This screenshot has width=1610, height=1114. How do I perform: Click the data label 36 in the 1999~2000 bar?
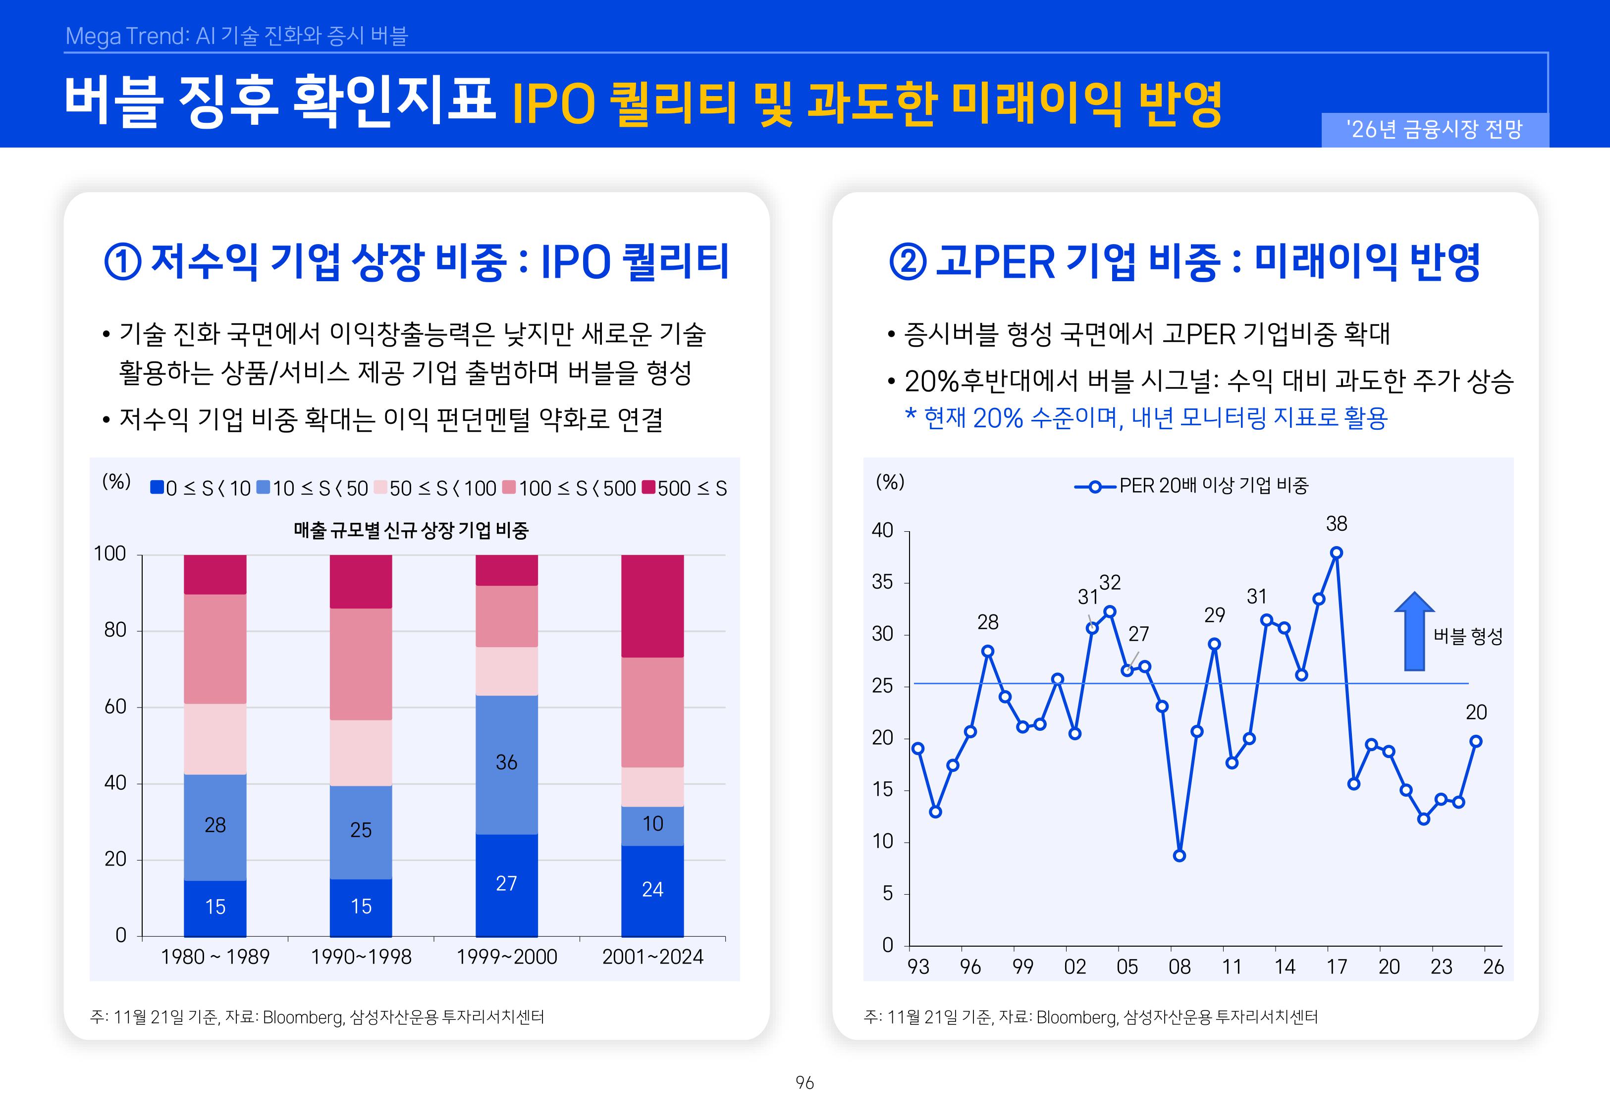pyautogui.click(x=506, y=762)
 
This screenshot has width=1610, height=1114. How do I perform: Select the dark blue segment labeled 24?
pyautogui.click(x=652, y=890)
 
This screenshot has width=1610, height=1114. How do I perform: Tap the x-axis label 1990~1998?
pyautogui.click(x=361, y=957)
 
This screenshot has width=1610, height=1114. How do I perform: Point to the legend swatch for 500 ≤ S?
pyautogui.click(x=648, y=487)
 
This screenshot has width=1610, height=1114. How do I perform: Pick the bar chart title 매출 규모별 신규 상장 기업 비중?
pyautogui.click(x=411, y=530)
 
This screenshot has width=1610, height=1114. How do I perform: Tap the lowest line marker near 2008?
pyautogui.click(x=1179, y=856)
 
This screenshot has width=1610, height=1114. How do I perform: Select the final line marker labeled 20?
pyautogui.click(x=1475, y=741)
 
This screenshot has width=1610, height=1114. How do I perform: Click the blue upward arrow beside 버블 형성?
pyautogui.click(x=1414, y=632)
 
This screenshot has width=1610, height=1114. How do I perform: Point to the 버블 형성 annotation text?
pyautogui.click(x=1467, y=636)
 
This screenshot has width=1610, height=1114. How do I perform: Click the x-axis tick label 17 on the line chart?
pyautogui.click(x=1337, y=967)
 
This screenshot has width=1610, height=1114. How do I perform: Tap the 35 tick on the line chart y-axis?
pyautogui.click(x=882, y=582)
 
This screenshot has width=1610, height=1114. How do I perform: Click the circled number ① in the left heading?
pyautogui.click(x=123, y=262)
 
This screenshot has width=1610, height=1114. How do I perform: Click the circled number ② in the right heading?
pyautogui.click(x=908, y=262)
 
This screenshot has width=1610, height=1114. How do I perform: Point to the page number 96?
pyautogui.click(x=805, y=1083)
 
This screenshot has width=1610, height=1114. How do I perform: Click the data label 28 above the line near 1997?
pyautogui.click(x=987, y=622)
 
